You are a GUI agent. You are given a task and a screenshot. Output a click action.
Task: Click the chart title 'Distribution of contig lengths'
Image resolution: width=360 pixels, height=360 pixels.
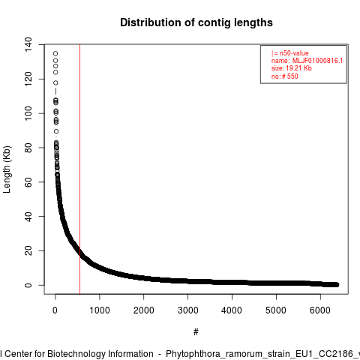coord(196,22)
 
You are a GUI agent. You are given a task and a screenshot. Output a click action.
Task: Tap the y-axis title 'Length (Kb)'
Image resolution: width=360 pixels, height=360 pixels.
coord(7,169)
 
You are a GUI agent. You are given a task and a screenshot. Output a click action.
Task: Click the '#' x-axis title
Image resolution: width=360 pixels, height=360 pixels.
coord(196,332)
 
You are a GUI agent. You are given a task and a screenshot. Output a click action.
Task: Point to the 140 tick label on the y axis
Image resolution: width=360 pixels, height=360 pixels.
coord(28,44)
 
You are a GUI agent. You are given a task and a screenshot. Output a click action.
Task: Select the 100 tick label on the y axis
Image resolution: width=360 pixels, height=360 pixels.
coord(28,113)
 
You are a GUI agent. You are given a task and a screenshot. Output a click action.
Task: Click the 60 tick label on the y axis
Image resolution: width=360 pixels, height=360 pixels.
coord(28,182)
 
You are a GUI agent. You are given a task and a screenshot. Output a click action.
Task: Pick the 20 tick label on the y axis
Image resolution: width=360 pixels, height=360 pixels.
coord(28,250)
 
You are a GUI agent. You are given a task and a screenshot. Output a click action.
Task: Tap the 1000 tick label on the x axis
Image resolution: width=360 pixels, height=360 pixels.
coord(100,310)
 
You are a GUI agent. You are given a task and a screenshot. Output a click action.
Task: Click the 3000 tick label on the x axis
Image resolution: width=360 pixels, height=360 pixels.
coord(187,310)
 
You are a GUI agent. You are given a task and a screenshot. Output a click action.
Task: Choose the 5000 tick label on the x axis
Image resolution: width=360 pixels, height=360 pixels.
coord(276,310)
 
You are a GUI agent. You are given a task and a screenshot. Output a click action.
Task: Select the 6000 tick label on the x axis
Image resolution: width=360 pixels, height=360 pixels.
coord(320,310)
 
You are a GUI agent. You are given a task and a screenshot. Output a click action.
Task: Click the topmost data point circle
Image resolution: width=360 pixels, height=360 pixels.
coord(55,53)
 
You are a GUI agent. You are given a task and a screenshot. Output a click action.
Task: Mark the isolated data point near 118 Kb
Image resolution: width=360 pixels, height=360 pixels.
coord(55,82)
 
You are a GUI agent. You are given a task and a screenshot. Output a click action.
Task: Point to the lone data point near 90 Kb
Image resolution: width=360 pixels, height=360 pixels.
coord(56,131)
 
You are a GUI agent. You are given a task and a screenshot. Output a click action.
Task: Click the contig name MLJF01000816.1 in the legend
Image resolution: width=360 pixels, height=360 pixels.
coord(317,61)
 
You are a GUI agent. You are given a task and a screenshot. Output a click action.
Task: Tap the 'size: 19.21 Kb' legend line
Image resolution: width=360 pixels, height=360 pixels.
coord(292,68)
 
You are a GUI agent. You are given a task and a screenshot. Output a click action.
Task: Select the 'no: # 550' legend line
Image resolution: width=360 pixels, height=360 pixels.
coord(285,76)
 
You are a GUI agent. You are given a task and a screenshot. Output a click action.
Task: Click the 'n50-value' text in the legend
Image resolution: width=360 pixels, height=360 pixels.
coord(294,53)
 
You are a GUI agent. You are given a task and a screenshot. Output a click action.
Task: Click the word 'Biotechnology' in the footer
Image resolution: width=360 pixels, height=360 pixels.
coord(100,354)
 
